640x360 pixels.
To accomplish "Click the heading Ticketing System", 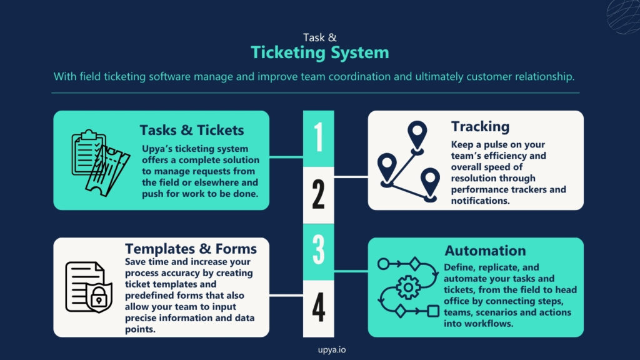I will point(319,52).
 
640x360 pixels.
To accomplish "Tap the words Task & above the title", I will point(319,37).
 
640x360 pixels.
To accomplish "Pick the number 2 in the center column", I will point(318,195).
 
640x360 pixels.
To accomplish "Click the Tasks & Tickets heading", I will point(191,130).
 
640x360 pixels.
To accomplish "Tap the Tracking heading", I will point(480,126).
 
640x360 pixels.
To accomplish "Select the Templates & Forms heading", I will point(191,249).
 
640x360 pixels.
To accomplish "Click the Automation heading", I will point(485,251).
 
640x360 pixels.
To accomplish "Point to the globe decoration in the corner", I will point(624,14).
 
